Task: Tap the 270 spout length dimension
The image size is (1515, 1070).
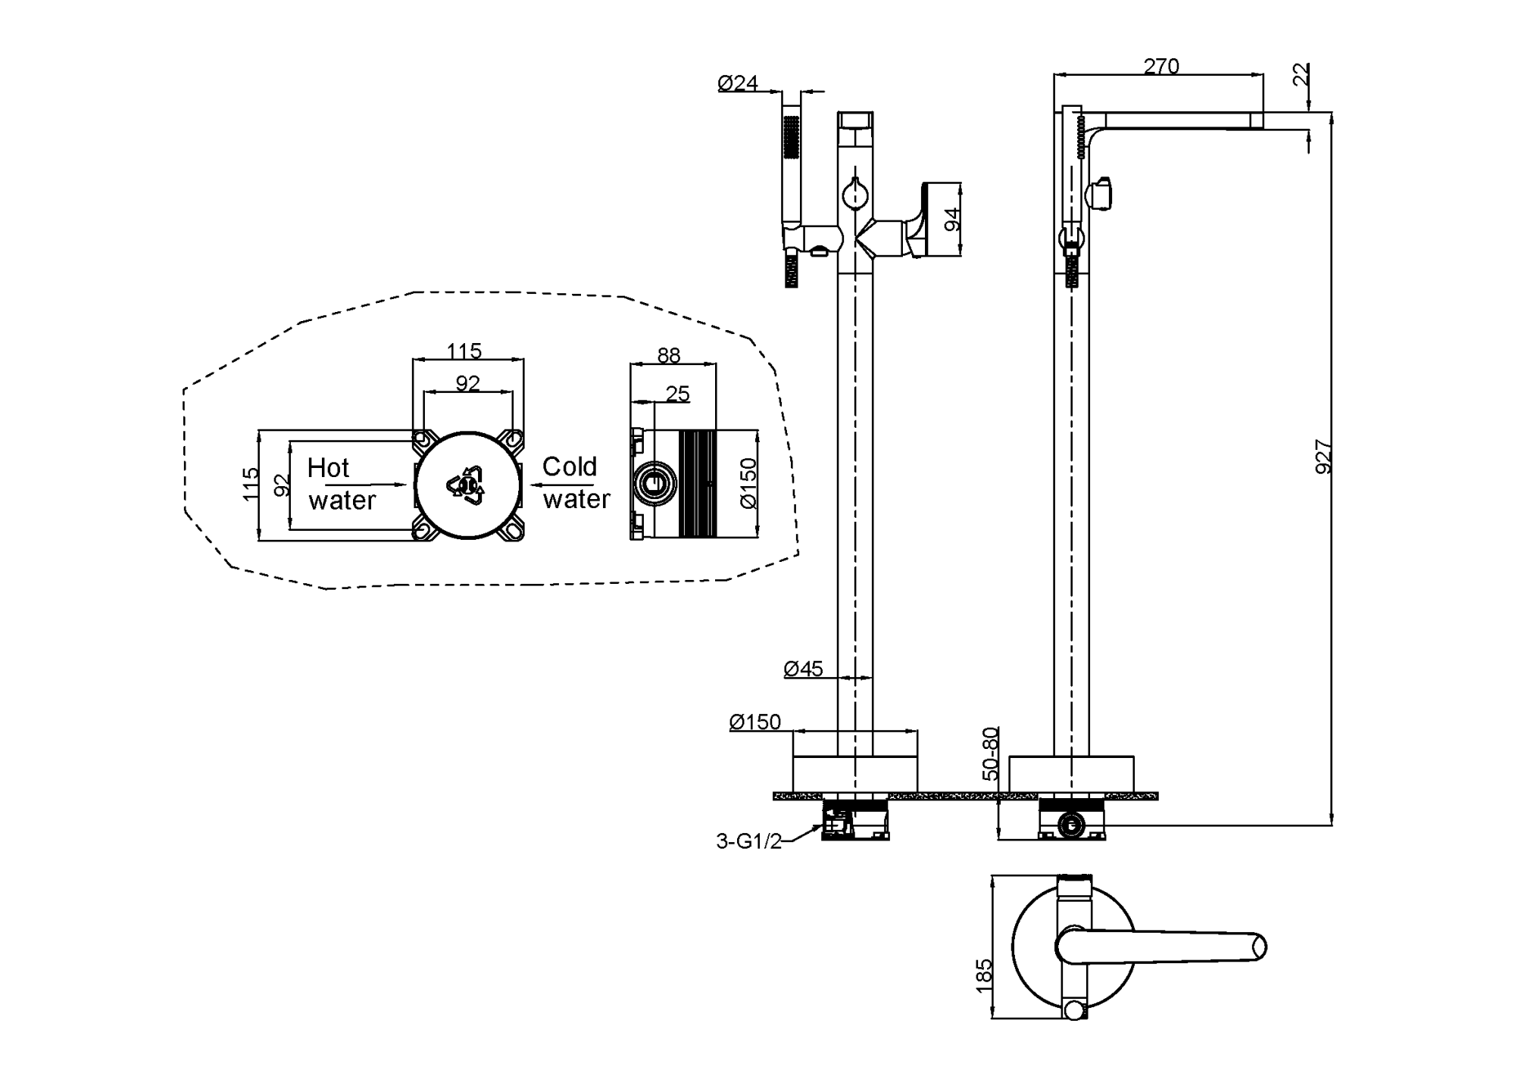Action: [x=1161, y=67]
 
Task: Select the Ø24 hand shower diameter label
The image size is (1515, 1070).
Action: [x=738, y=83]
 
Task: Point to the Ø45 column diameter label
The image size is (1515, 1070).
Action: [x=803, y=669]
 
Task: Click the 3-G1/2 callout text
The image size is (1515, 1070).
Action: [x=748, y=841]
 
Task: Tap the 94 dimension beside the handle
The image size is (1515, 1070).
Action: [x=953, y=220]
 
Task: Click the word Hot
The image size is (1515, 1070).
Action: [x=328, y=468]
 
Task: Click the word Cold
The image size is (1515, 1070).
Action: [x=570, y=466]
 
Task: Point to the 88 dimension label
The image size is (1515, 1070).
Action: [x=669, y=355]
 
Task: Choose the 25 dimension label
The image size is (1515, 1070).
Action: [x=677, y=394]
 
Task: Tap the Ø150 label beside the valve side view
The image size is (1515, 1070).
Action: [x=748, y=483]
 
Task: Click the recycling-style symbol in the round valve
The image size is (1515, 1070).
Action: [x=467, y=485]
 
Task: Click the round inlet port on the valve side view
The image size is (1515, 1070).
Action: [x=656, y=483]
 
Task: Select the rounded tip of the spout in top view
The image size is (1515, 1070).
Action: [x=1258, y=947]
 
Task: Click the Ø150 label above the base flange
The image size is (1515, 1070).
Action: [x=754, y=722]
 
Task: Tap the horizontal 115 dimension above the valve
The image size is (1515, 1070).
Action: [x=464, y=351]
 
